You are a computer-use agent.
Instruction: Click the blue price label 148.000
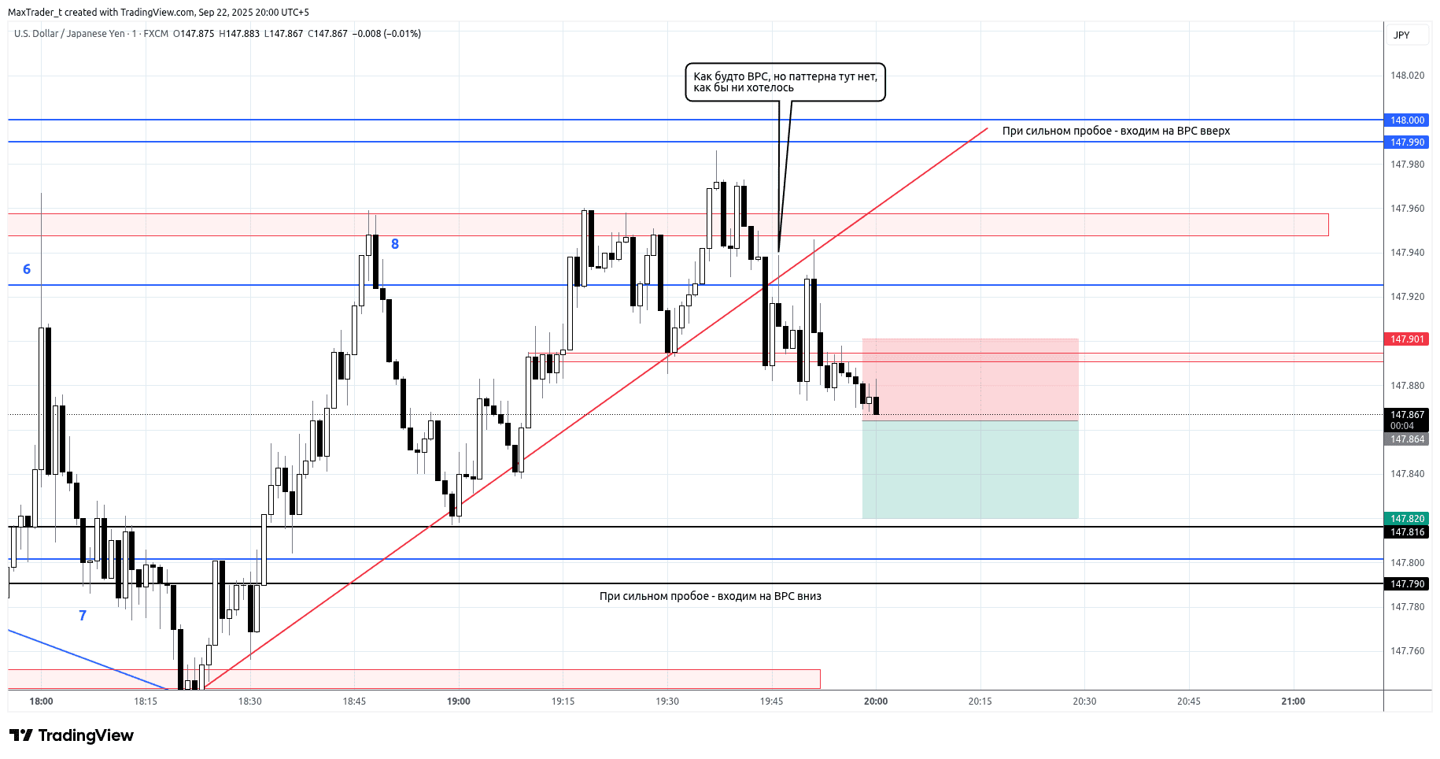[1406, 120]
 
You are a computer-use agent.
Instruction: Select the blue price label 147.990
[1406, 143]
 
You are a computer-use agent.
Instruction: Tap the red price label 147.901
[1406, 339]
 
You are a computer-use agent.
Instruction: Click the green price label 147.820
[1406, 519]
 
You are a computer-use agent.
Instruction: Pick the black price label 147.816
[1406, 532]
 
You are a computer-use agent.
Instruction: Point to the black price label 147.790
[1406, 584]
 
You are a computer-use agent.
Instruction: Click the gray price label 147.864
[1406, 439]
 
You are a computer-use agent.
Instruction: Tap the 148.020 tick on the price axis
[1407, 76]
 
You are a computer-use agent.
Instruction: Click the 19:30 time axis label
[667, 702]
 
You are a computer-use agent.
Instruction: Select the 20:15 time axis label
[980, 702]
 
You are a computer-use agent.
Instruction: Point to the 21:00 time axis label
[1293, 702]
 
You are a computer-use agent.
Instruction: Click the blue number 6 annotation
[27, 269]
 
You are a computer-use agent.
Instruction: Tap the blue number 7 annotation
[83, 616]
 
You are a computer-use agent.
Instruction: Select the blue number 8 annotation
[395, 244]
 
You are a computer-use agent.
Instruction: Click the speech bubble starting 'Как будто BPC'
[785, 82]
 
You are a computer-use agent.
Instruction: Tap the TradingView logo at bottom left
[72, 735]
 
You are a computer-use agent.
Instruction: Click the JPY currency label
[1401, 35]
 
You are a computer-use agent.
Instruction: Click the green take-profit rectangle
[969, 469]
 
